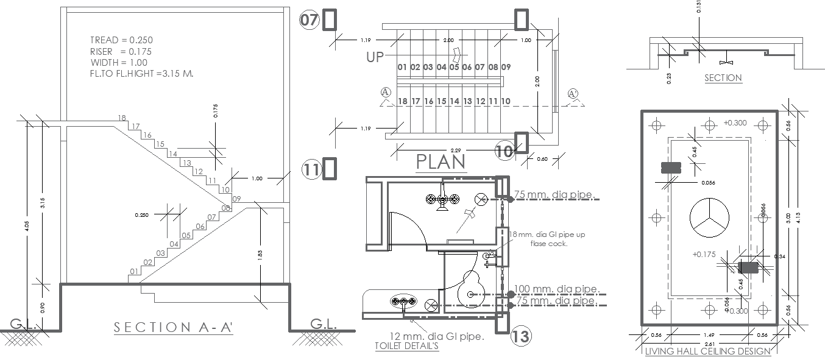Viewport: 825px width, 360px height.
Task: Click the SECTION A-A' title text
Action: (x=174, y=328)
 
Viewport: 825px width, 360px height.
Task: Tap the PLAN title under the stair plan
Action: (x=441, y=161)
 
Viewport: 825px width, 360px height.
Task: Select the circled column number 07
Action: (x=310, y=20)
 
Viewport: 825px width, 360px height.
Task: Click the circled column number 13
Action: (x=520, y=336)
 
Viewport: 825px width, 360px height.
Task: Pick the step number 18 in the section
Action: (x=122, y=118)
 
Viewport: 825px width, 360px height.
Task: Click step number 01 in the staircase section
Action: (x=134, y=272)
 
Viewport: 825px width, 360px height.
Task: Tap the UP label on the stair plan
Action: (x=376, y=58)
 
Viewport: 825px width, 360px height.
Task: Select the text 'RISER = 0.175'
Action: (x=121, y=52)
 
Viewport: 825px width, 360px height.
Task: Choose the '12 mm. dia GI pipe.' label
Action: (x=437, y=336)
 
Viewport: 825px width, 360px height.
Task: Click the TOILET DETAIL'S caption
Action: (x=406, y=346)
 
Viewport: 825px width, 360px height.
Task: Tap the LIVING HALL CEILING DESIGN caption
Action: (x=707, y=351)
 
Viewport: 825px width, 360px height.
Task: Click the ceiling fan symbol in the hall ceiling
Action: (x=709, y=217)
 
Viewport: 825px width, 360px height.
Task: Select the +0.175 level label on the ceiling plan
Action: (x=704, y=255)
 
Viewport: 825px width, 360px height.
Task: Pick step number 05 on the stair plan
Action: (x=454, y=67)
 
